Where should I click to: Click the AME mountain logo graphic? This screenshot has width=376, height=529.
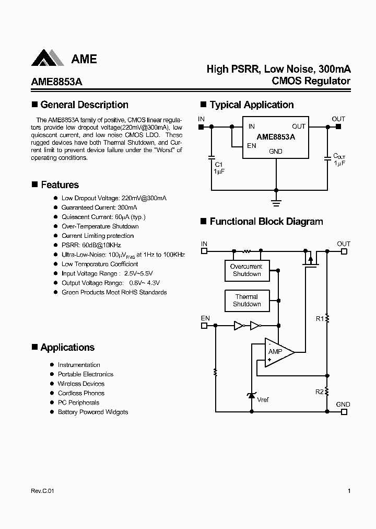[49, 59]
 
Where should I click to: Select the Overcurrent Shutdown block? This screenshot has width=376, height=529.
[246, 270]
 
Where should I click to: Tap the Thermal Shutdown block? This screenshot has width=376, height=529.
[246, 300]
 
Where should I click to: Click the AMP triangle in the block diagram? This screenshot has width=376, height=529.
[277, 352]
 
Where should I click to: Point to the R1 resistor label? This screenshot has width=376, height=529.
[320, 318]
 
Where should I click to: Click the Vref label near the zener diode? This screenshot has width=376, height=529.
[263, 400]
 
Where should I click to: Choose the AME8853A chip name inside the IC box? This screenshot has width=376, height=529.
[276, 137]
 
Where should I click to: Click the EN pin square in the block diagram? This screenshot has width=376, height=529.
[204, 326]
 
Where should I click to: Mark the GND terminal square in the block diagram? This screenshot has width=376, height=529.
[344, 412]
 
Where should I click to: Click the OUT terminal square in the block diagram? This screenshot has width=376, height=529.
[344, 251]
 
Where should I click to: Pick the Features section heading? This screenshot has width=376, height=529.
[60, 185]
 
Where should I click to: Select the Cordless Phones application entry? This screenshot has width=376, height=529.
[81, 393]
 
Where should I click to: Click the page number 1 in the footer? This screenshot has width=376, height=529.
[348, 491]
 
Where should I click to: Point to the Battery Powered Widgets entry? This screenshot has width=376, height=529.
[92, 412]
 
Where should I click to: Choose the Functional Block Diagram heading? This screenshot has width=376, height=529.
[266, 222]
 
